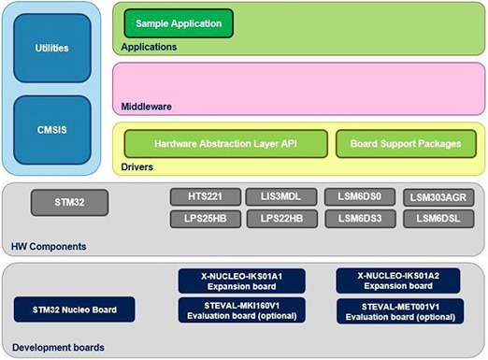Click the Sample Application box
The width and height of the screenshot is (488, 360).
(x=178, y=22)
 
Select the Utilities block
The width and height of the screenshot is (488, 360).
(x=51, y=48)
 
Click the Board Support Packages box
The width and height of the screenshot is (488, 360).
(x=406, y=144)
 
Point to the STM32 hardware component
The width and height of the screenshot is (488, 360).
(x=69, y=201)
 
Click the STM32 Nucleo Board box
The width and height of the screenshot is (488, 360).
(x=74, y=310)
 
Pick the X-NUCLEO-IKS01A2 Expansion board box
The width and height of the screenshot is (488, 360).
(x=399, y=281)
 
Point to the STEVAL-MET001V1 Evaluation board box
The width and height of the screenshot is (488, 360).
(x=399, y=311)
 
